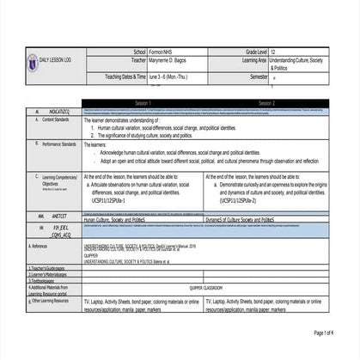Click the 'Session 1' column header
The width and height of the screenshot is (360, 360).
pyautogui.click(x=147, y=102)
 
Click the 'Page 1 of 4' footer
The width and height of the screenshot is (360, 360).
pyautogui.click(x=329, y=333)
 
